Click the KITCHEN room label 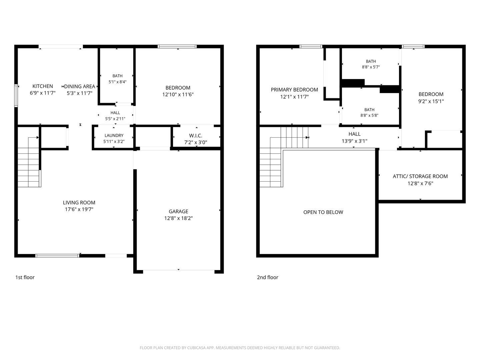tap(43, 86)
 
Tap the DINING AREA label tap(79, 86)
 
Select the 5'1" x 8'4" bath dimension tap(117, 82)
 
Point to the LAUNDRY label tap(114, 136)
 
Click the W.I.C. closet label tap(195, 136)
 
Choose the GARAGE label tap(178, 211)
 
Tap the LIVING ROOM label tap(79, 203)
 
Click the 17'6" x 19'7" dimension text tap(79, 209)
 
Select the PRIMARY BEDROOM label tap(294, 90)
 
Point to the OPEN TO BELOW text tap(323, 212)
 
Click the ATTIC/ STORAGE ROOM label tap(420, 176)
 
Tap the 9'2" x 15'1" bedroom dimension tap(431, 101)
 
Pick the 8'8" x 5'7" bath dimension tap(371, 67)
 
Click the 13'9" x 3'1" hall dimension tap(354, 141)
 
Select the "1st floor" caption tap(25, 277)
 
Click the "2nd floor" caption tap(267, 277)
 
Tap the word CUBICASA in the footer tap(196, 348)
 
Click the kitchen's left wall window tap(16, 96)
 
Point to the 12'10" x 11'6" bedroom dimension tap(178, 94)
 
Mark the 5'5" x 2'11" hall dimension tap(115, 119)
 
